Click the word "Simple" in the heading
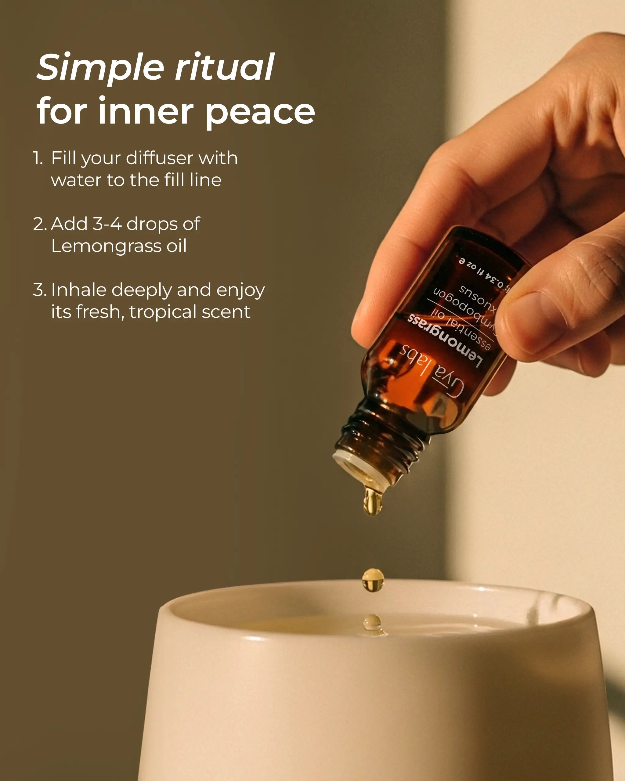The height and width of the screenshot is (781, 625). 100,68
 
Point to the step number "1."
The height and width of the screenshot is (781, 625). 38,158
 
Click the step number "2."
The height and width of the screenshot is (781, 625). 39,224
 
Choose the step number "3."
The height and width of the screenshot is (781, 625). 39,290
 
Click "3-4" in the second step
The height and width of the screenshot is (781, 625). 107,224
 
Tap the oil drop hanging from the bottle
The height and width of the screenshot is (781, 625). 372,501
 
